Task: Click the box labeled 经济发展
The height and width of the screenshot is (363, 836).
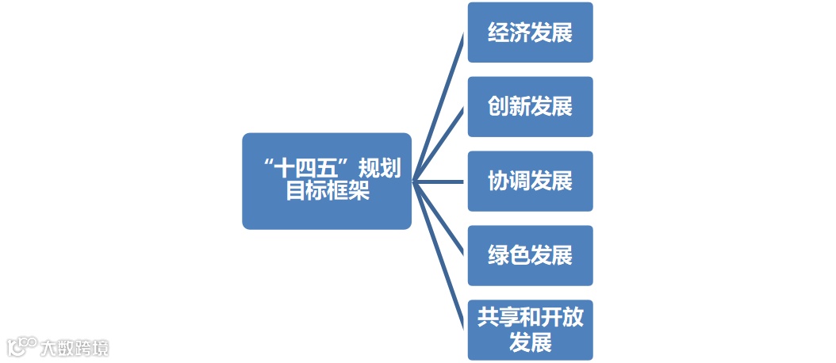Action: point(530,32)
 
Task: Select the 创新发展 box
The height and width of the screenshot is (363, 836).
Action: point(530,107)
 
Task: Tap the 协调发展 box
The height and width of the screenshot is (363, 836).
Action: point(530,181)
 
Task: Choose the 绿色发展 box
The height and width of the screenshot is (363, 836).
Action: point(530,256)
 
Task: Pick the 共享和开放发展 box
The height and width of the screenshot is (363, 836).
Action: point(530,330)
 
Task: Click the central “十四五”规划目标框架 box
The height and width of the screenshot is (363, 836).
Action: point(327,181)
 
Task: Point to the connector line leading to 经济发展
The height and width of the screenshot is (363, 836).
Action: point(439,107)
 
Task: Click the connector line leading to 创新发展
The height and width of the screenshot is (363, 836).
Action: point(439,144)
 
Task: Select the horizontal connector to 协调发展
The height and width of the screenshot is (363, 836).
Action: point(439,181)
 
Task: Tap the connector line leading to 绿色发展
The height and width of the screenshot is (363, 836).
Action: point(439,219)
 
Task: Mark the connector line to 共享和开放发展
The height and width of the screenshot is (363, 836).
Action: point(439,255)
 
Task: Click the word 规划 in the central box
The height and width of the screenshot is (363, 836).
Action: point(379,169)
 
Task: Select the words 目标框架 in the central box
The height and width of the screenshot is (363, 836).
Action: point(327,193)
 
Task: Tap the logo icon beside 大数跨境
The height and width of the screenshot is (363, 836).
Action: point(21,346)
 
